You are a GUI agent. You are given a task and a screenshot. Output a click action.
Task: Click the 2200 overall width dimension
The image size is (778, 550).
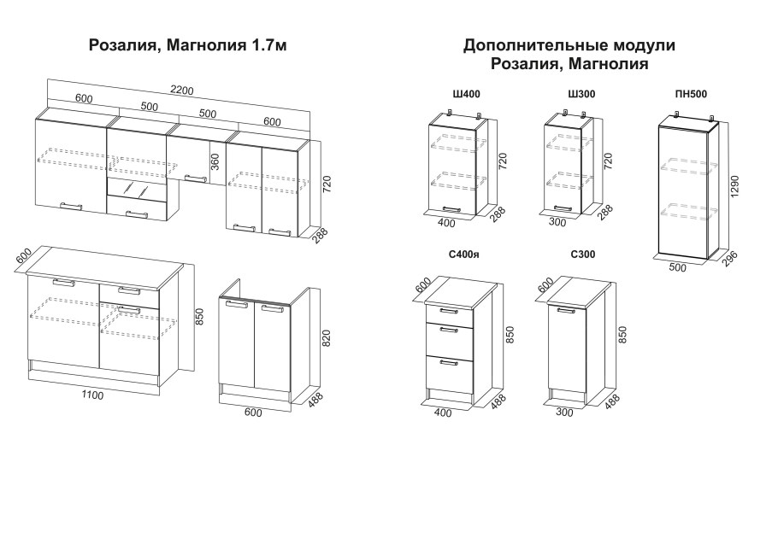pyautogui.click(x=181, y=91)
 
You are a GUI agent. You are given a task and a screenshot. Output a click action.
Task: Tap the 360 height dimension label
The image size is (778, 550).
pyautogui.click(x=215, y=162)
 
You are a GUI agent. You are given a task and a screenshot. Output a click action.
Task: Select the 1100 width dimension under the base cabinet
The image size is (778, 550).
pyautogui.click(x=92, y=395)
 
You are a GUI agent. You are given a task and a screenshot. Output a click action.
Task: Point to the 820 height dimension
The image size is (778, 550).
pyautogui.click(x=326, y=338)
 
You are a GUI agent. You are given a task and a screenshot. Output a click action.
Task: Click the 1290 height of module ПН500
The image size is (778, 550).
pyautogui.click(x=735, y=186)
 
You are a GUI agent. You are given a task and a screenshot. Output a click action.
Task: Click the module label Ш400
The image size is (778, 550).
pyautogui.click(x=467, y=94)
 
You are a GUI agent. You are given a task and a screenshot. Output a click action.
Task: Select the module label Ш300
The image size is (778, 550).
pyautogui.click(x=581, y=94)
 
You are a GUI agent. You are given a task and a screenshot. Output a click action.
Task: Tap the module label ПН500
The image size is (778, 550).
pyautogui.click(x=691, y=94)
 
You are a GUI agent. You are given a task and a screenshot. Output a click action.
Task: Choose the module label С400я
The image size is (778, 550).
pyautogui.click(x=464, y=255)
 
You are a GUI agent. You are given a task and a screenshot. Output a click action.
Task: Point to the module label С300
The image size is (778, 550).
pyautogui.click(x=582, y=255)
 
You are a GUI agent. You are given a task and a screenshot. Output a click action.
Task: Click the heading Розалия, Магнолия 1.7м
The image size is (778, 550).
pyautogui.click(x=187, y=45)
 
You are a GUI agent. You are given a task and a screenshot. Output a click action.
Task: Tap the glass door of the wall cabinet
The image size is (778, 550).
pyautogui.click(x=137, y=188)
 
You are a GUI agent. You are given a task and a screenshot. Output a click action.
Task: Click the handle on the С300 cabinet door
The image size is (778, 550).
pyautogui.click(x=566, y=311)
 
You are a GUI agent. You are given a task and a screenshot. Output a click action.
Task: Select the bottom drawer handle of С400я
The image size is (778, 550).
pyautogui.click(x=449, y=363)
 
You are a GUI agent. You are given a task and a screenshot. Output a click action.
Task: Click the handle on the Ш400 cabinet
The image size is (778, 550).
pyautogui.click(x=451, y=209)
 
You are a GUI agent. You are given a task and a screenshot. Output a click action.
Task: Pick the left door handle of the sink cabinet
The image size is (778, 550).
pyautogui.click(x=237, y=305)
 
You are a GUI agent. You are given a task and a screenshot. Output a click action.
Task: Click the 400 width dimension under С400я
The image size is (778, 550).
pyautogui.click(x=443, y=412)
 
